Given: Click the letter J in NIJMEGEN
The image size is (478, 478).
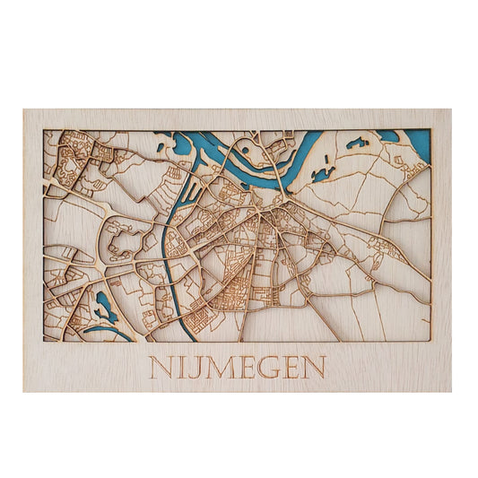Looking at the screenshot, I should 189,369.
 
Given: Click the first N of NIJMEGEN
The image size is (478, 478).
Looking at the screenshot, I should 159,368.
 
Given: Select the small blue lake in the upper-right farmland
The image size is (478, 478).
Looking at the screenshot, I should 355,143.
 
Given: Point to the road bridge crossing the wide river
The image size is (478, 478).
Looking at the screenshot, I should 282,178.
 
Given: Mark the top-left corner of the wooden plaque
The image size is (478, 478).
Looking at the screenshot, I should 24,110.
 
